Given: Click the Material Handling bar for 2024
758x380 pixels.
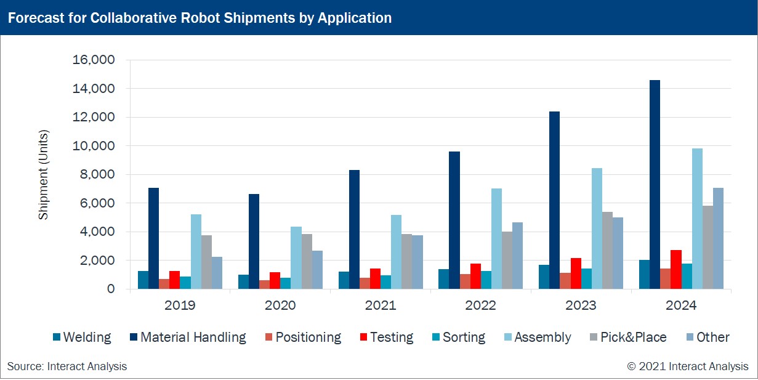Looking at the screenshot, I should [x=655, y=185].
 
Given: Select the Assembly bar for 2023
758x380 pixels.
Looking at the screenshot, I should [x=597, y=228].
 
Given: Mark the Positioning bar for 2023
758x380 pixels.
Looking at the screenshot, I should [x=565, y=281].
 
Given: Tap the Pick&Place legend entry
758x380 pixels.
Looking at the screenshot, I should [x=634, y=338].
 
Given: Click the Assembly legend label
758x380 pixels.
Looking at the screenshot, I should [x=542, y=338].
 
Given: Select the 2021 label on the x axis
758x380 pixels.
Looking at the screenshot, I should [x=381, y=305].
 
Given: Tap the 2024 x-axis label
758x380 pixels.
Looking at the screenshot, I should [x=681, y=305].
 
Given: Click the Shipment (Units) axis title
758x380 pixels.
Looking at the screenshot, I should [x=43, y=175].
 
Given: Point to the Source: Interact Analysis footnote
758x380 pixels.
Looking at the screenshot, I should [x=67, y=366].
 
